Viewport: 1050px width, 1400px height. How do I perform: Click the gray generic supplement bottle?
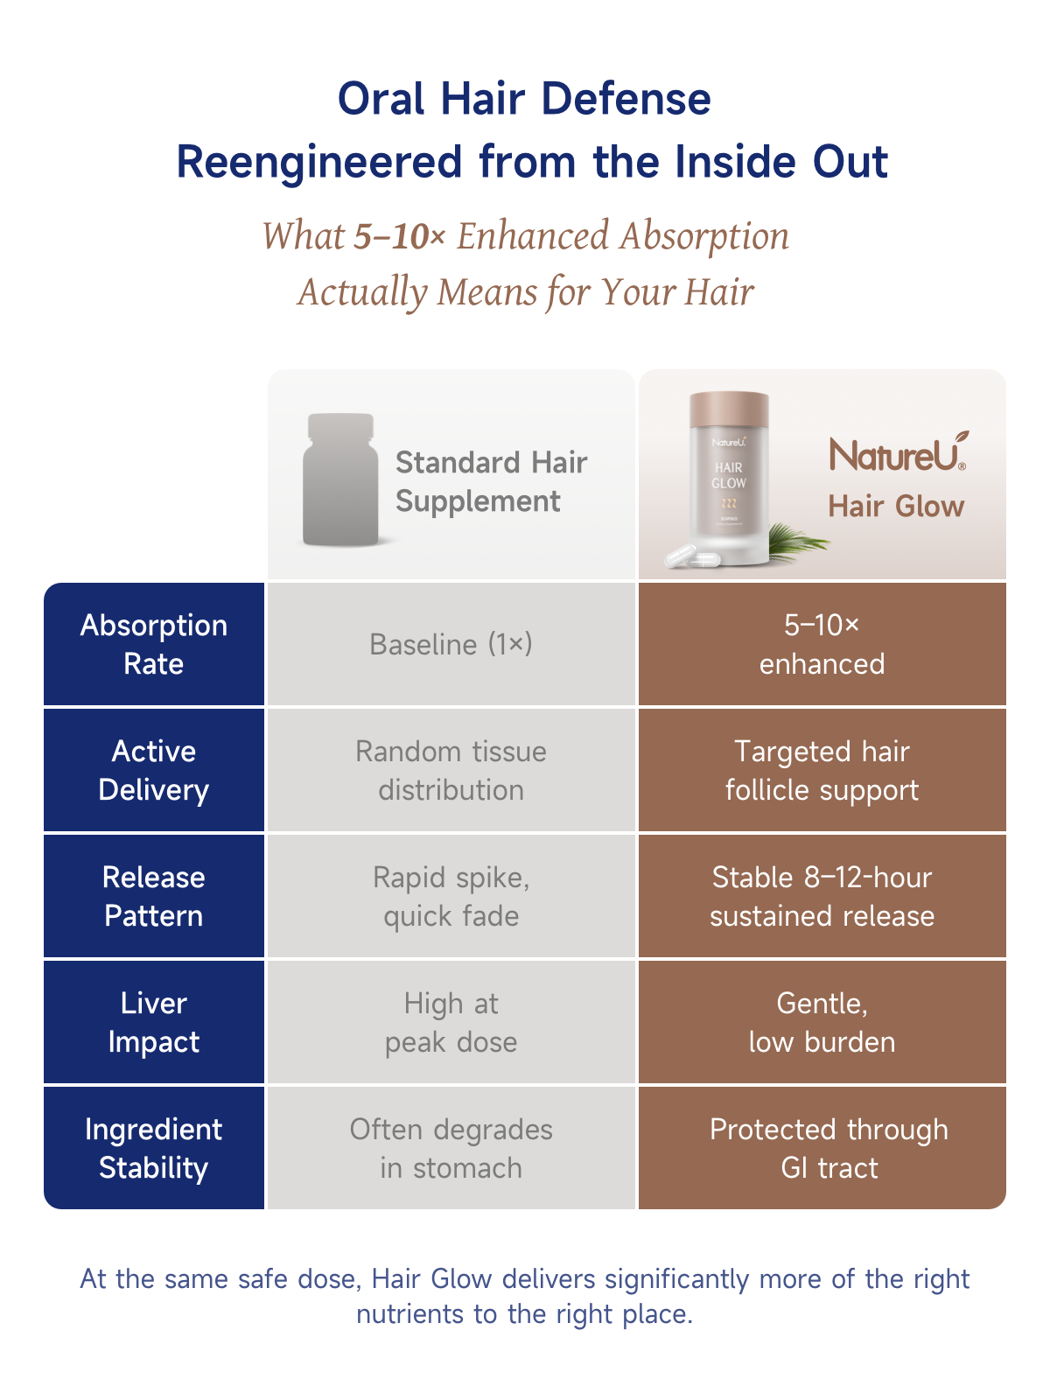point(340,479)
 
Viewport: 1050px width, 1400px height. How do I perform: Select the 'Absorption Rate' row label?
point(154,644)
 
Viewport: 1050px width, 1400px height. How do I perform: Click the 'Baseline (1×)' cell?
point(451,644)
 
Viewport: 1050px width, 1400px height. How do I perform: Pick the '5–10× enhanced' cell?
point(822,644)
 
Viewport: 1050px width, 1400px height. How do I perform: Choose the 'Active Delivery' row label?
point(154,770)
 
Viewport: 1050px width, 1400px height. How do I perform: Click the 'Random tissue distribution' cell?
point(451,770)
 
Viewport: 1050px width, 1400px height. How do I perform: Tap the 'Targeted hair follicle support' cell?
point(822,770)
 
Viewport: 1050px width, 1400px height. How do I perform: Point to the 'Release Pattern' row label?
point(154,896)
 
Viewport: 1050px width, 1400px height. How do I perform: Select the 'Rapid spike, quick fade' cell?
point(451,896)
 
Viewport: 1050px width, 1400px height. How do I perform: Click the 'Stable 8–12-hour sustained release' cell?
point(822,896)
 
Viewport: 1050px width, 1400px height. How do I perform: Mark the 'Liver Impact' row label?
point(154,1022)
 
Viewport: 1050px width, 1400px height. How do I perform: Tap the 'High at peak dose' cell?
point(451,1022)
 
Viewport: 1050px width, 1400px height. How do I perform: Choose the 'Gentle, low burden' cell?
point(822,1022)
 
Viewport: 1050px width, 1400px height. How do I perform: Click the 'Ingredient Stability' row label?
point(154,1148)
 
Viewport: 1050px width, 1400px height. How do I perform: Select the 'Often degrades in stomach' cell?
point(451,1148)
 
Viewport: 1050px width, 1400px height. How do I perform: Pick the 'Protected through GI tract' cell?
point(822,1148)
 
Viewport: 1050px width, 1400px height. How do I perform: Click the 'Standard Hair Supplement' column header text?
point(491,481)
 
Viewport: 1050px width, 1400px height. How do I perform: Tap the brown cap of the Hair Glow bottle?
point(729,409)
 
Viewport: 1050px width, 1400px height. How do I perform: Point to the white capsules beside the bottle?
point(692,556)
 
